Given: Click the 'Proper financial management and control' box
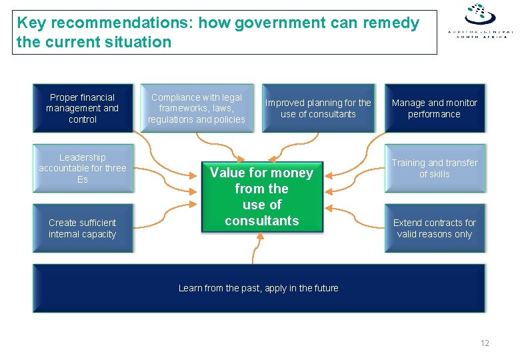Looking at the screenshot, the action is click(x=83, y=108).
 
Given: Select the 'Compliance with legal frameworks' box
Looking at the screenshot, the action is click(x=197, y=108).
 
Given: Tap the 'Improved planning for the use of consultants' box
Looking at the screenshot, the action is click(x=318, y=108).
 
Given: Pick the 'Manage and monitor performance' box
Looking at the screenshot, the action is click(x=435, y=108).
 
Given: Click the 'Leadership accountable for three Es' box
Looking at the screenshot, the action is click(x=83, y=168).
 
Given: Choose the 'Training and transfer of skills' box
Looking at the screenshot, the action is click(x=435, y=168).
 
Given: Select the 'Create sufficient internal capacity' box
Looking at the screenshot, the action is click(x=83, y=228).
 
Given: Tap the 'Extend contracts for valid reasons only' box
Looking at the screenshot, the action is click(x=435, y=228).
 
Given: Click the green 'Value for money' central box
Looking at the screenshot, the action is click(x=261, y=197).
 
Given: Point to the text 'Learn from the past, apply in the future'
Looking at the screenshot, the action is click(x=259, y=288).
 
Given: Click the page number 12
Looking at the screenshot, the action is click(x=485, y=343).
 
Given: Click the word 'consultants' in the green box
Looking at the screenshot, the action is click(x=262, y=221).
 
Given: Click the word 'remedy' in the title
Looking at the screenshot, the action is click(x=391, y=23).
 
